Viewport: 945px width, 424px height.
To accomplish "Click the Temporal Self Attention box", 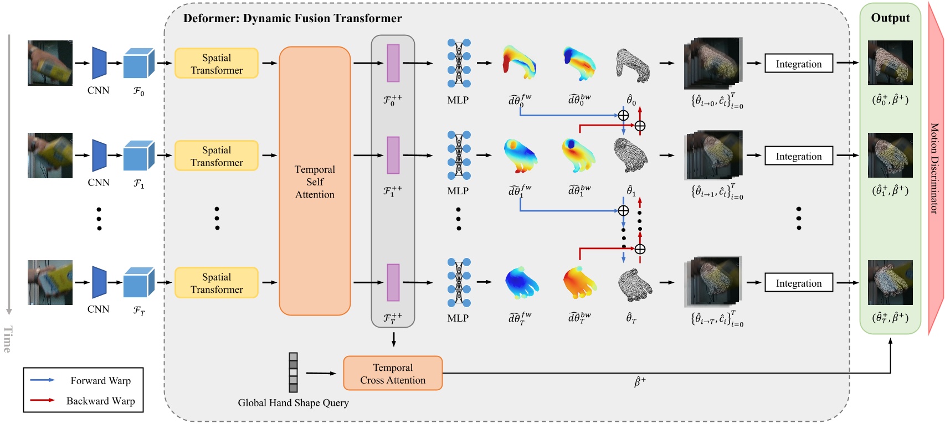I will tap(315, 182).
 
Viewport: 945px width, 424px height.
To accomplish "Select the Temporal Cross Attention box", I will tap(393, 374).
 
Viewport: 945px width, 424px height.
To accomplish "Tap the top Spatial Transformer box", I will tap(217, 64).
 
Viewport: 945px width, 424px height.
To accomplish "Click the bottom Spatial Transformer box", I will tap(217, 283).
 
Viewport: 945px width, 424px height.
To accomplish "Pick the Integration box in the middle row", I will tap(798, 156).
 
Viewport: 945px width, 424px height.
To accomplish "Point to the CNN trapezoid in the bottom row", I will tap(99, 282).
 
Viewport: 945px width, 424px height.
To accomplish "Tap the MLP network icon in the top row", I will tap(459, 63).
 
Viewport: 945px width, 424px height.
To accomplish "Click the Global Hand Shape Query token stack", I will tap(293, 373).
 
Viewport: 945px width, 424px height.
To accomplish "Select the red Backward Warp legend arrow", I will tap(43, 400).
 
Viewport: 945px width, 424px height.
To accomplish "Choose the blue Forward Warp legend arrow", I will tap(43, 380).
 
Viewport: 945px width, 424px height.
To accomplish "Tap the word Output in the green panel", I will tap(890, 18).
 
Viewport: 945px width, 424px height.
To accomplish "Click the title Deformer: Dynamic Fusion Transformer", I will tap(292, 18).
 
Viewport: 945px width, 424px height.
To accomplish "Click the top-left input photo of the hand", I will tap(50, 63).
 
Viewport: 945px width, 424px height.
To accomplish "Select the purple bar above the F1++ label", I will tap(393, 156).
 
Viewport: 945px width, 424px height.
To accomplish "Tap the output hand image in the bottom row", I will tap(890, 282).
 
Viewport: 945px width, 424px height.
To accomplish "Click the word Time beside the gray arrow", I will tap(8, 339).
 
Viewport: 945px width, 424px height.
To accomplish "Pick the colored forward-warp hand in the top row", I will tap(519, 62).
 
